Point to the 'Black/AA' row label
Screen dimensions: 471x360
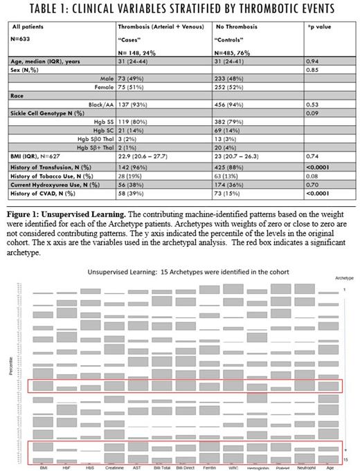pos(100,104)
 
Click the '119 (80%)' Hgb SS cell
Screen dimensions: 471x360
pos(134,121)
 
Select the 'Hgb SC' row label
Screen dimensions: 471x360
pos(102,129)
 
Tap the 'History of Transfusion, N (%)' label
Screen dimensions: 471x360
pos(57,163)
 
